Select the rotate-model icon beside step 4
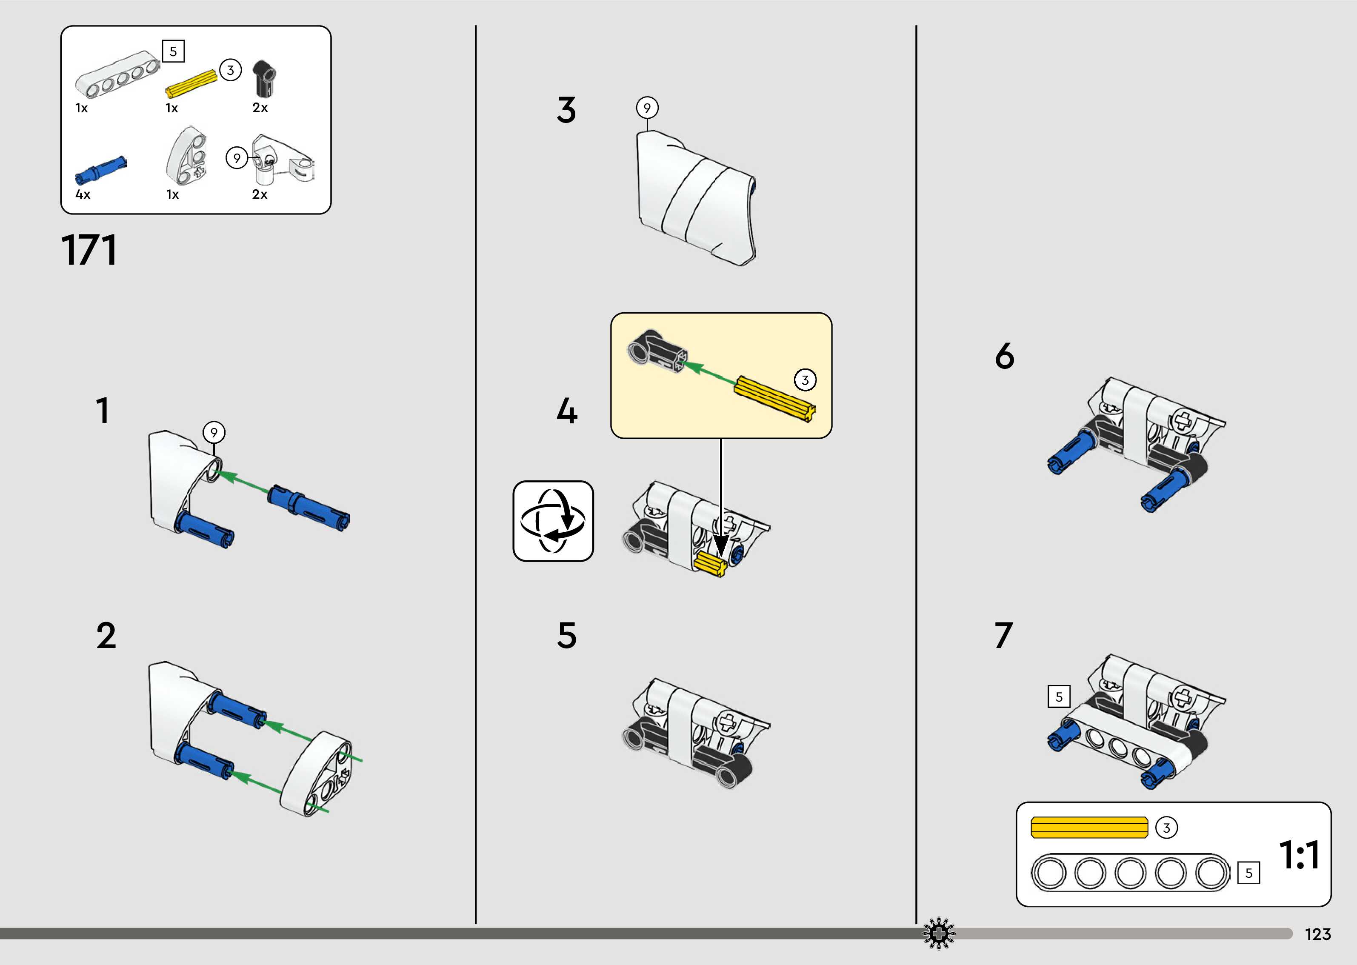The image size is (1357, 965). coord(552,521)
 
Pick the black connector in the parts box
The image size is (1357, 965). coord(264,78)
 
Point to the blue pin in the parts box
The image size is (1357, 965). coord(101,169)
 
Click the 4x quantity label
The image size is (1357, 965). coord(83,194)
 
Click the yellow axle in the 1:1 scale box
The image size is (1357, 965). coord(1089,828)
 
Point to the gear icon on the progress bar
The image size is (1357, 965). coord(938,934)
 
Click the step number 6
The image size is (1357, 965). coord(1005,356)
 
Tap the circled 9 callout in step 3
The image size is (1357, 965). coord(647,108)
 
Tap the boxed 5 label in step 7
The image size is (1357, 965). coord(1059,697)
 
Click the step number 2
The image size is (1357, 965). coord(106,636)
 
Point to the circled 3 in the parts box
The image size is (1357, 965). coord(231,70)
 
